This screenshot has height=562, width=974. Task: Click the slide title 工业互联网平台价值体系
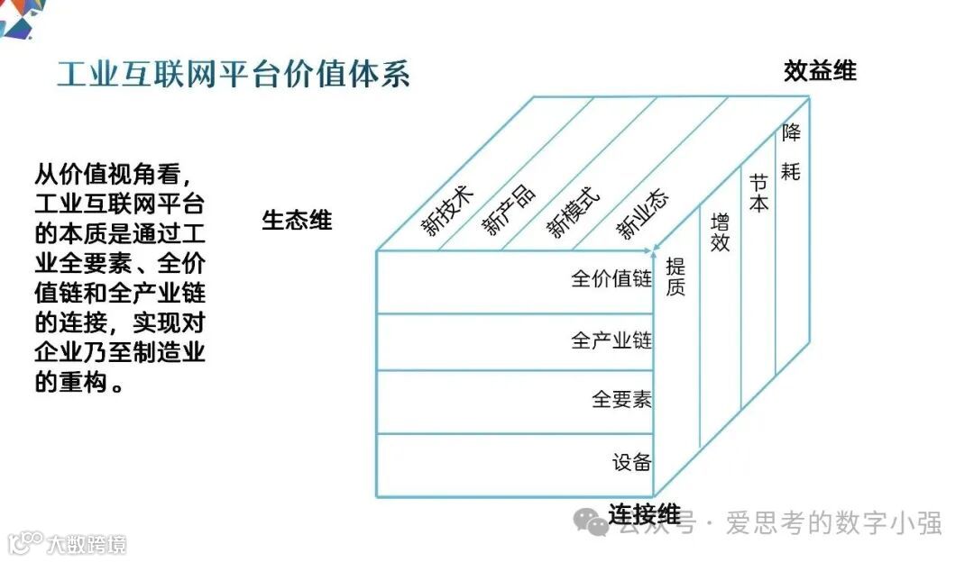tap(234, 74)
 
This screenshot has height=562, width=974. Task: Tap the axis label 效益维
tap(820, 71)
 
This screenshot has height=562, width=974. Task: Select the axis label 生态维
tap(297, 220)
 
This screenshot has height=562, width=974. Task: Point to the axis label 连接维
tap(644, 515)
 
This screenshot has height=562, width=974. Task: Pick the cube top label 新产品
tap(509, 210)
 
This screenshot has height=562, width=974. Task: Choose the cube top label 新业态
tap(642, 215)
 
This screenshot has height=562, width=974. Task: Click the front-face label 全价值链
tap(611, 279)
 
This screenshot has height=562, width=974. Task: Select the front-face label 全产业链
tap(611, 341)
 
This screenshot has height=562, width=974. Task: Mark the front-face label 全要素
tap(621, 399)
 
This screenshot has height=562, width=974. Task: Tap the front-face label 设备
tap(631, 463)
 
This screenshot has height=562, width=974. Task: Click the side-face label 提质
tap(675, 276)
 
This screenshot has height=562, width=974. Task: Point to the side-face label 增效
tap(720, 231)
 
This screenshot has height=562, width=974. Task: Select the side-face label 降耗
tap(791, 151)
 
